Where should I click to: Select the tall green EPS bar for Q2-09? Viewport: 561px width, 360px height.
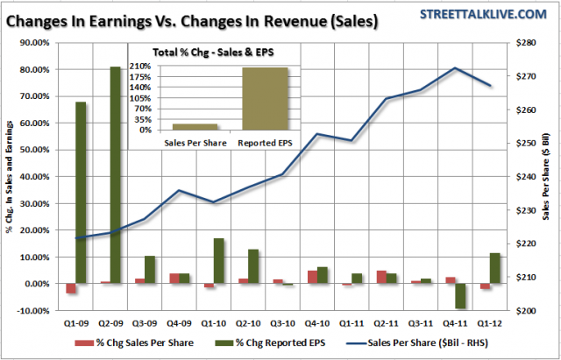(116, 175)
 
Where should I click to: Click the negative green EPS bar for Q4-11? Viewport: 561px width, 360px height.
(460, 296)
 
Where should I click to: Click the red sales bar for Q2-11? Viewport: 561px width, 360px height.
(357, 277)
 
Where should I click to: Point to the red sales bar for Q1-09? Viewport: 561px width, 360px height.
(70, 289)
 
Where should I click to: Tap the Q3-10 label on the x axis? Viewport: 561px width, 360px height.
(282, 321)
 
